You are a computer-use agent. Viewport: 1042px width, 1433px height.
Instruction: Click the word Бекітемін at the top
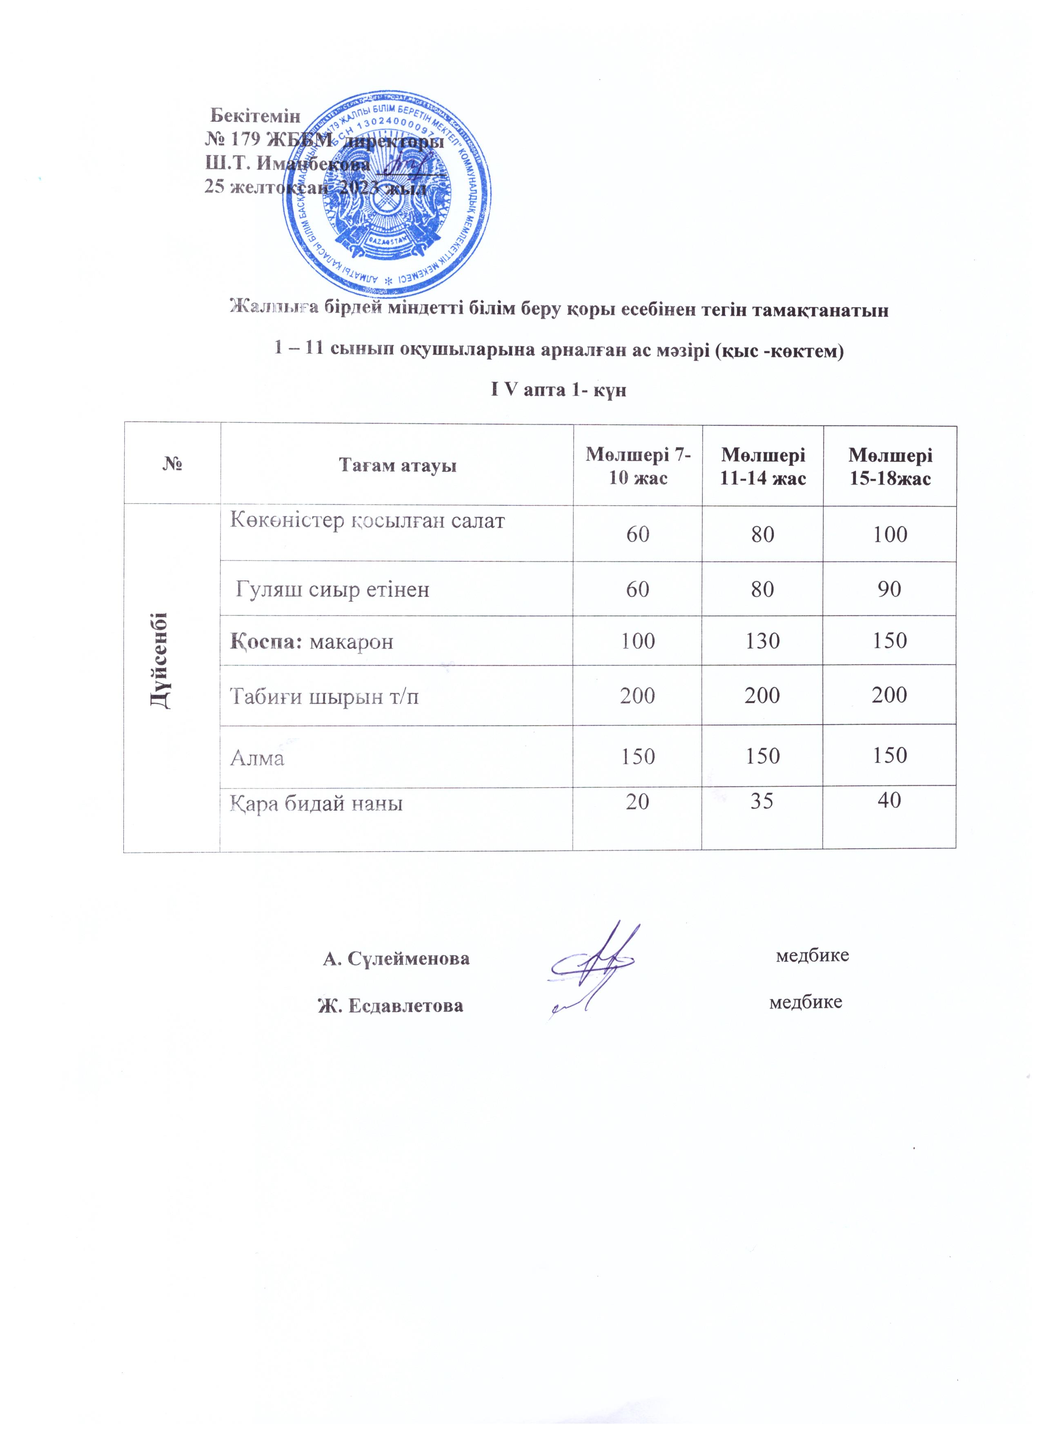point(255,116)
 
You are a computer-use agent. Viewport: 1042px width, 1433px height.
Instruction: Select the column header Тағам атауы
point(397,466)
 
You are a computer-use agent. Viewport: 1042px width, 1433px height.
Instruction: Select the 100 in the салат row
point(890,534)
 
